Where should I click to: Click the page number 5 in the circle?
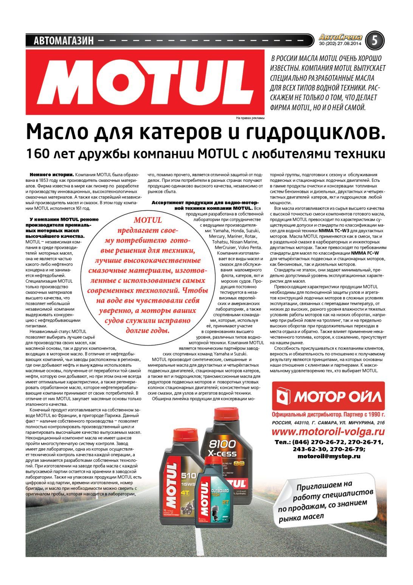pos(374,41)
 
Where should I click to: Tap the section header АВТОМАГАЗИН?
pos(64,41)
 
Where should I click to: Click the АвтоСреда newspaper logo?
pos(340,38)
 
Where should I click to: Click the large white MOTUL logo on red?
pos(145,82)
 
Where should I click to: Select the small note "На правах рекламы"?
pos(250,118)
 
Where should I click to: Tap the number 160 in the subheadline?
pos(37,154)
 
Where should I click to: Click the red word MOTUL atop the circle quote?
pos(147,220)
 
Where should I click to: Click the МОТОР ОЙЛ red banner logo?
pos(328,396)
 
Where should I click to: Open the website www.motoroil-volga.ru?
pos(328,432)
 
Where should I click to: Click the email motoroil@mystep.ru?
pos(329,456)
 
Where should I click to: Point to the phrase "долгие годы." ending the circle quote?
pos(147,330)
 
